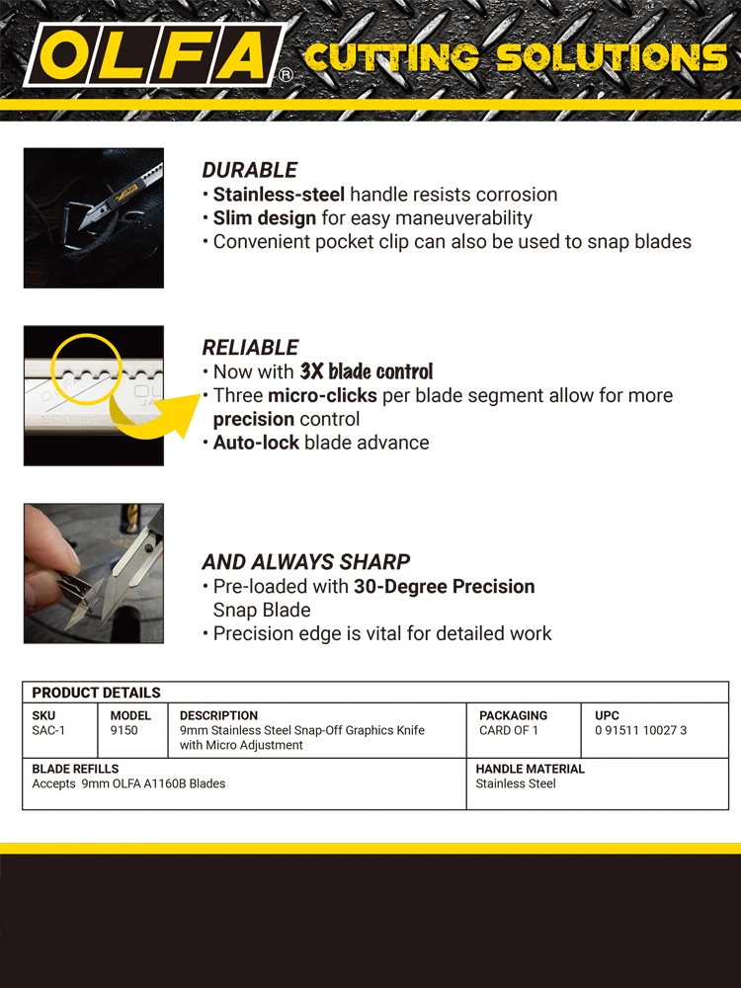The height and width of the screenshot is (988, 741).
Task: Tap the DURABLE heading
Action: click(249, 170)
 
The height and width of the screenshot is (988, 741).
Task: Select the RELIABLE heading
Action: click(250, 348)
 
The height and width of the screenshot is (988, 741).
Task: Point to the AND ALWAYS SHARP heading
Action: click(305, 562)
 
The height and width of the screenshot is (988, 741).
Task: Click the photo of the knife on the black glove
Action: click(94, 218)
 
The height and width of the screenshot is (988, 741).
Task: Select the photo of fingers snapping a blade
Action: click(94, 574)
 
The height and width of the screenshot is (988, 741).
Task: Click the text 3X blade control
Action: click(367, 371)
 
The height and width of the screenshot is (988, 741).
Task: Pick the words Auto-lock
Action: click(256, 443)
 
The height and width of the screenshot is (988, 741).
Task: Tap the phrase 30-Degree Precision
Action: click(445, 587)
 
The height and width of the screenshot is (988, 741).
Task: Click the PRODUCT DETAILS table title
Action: click(96, 693)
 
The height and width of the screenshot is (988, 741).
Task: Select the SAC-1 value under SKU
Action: click(48, 731)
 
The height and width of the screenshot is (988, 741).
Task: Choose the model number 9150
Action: click(123, 731)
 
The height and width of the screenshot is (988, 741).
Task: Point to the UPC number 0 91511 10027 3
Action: click(640, 731)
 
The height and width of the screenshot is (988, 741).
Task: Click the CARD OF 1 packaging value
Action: click(509, 731)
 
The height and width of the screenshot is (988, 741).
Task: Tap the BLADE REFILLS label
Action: click(75, 769)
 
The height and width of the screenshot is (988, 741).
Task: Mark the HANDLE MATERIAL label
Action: click(530, 769)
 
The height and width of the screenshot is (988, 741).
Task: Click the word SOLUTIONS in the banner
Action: click(612, 57)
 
